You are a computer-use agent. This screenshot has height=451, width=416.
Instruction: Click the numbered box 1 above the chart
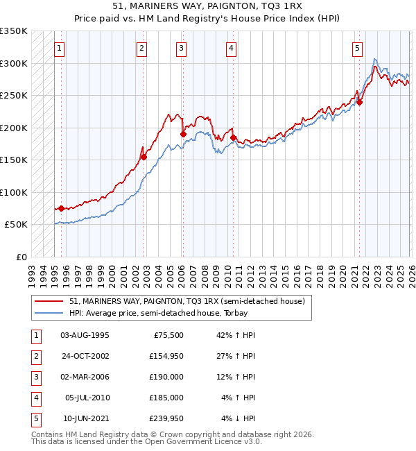point(60,49)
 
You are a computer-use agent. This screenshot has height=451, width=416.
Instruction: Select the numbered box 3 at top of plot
point(180,49)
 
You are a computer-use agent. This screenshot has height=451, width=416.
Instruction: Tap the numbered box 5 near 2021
point(357,49)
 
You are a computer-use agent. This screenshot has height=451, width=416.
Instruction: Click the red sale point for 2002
point(144,157)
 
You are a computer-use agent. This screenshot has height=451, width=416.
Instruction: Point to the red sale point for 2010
point(233,137)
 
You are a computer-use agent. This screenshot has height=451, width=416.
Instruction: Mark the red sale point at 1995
point(61,208)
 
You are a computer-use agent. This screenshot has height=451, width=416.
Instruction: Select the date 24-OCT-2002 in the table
point(85,356)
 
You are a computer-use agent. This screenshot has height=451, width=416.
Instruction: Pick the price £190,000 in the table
point(166,377)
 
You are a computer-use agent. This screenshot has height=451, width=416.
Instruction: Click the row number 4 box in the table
point(35,398)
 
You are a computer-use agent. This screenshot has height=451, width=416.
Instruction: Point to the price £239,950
point(166,418)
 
